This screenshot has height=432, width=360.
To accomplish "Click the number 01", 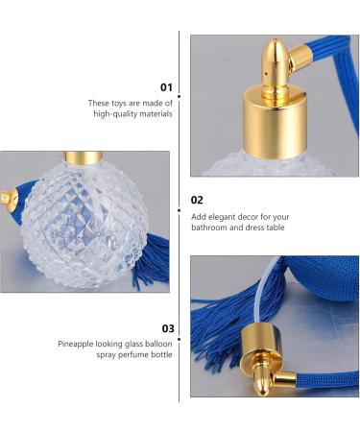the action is click(166, 87).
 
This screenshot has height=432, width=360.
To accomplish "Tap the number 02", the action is click(197, 200).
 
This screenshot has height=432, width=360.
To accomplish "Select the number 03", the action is click(168, 328).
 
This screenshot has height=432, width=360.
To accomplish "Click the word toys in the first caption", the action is click(119, 104).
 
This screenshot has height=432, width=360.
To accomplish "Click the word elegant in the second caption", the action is click(227, 217).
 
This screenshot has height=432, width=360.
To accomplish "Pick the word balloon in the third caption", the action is click(158, 344).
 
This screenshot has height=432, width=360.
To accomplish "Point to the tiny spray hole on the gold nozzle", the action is click(266, 73).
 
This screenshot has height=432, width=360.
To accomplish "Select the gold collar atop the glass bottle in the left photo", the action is click(84, 157).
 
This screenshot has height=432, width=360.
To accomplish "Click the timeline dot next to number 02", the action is click(180, 210).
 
